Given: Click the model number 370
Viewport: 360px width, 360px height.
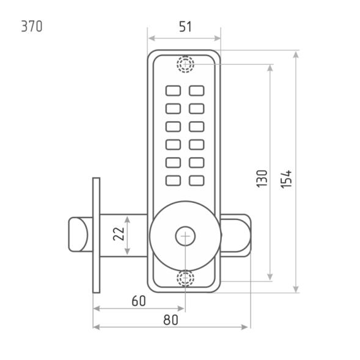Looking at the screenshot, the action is [32, 26].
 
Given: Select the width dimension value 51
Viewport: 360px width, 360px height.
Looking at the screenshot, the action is [185, 27].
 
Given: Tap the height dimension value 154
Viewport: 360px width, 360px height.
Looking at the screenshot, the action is [286, 179].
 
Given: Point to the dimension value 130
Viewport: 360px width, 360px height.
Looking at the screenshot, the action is [262, 178].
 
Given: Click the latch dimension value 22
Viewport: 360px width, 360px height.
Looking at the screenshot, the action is [119, 234].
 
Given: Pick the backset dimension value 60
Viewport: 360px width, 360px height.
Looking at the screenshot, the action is [139, 301].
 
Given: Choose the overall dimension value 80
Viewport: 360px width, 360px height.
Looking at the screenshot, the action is [171, 320].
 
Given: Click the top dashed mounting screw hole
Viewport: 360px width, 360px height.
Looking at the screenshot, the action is [185, 64].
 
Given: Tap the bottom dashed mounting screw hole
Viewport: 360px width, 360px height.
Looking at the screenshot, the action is [185, 278].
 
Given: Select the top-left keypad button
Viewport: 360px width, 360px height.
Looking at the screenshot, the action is [173, 90].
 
